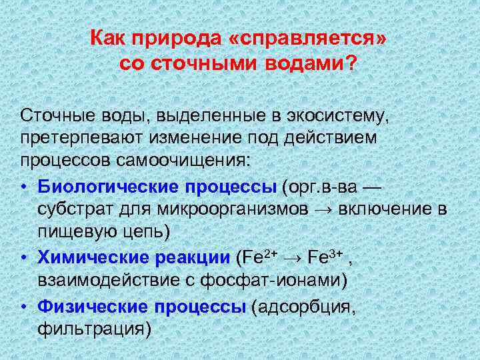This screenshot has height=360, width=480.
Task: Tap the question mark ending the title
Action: (x=351, y=65)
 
